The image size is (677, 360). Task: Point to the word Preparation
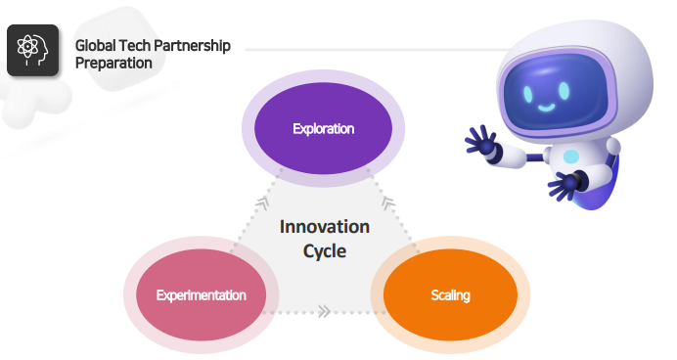[x=113, y=63]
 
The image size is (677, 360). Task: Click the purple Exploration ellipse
[x=323, y=128]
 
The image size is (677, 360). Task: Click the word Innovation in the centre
[x=325, y=227]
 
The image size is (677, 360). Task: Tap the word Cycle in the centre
[x=325, y=250]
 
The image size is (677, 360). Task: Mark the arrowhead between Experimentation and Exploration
[x=261, y=203]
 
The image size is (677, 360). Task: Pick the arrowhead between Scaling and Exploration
[x=387, y=203]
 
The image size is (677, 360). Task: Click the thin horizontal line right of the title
[x=372, y=47]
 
